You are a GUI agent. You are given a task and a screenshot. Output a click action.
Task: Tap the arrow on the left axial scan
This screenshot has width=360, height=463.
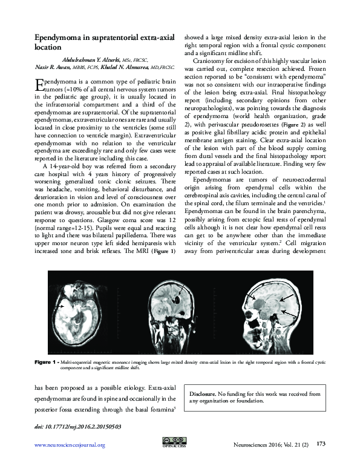pos(61,308)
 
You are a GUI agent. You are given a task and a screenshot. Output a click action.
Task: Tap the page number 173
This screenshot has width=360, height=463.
pos(321,444)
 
